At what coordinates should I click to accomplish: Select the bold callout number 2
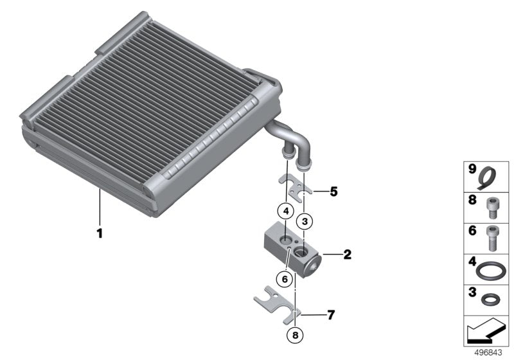[347, 255]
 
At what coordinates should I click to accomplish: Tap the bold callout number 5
[333, 192]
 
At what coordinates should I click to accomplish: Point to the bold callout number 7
[331, 315]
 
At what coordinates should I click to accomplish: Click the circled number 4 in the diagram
[285, 210]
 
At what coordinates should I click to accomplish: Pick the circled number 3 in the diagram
[306, 221]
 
